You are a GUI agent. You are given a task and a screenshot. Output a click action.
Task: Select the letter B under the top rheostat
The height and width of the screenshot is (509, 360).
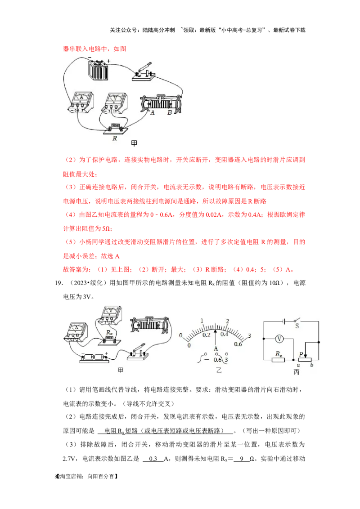pos(170,113)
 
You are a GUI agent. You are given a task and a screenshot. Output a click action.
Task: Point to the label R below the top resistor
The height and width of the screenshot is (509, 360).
pos(115,138)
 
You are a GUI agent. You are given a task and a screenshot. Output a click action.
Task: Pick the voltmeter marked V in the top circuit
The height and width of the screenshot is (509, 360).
pos(114,103)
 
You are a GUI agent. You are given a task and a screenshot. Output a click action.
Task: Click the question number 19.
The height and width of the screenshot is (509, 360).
pos(59,283)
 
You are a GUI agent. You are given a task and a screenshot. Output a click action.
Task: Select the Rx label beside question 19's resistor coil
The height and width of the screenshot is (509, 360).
pos(109,333)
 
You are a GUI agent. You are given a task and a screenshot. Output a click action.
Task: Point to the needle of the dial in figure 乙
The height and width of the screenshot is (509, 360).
pos(216,332)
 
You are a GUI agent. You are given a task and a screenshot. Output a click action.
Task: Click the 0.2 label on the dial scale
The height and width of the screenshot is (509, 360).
pos(206,335)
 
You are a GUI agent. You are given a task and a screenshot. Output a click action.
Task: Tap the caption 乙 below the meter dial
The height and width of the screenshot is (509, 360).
pos(219,370)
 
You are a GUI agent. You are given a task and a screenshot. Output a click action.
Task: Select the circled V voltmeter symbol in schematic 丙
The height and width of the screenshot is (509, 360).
pos(279,339)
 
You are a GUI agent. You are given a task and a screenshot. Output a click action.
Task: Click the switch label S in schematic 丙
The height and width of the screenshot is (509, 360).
pos(297,326)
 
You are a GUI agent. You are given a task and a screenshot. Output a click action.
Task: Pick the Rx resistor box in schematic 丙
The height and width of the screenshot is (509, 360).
pos(278,360)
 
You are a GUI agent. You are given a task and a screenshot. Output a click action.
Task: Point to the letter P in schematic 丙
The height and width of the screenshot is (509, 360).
pos(301,354)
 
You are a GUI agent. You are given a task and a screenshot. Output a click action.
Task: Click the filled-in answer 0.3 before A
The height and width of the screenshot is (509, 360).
pos(153,459)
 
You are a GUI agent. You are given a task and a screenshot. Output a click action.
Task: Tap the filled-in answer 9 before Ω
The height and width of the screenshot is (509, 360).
pos(242,459)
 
